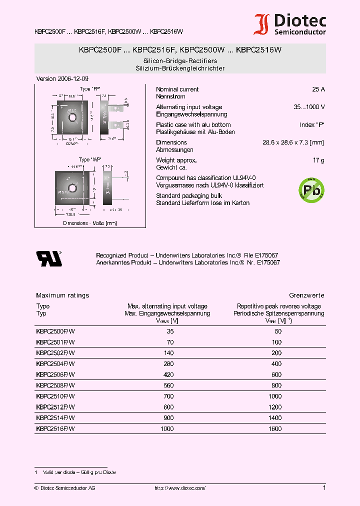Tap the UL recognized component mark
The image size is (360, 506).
(49, 258)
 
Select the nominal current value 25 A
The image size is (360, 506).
(318, 89)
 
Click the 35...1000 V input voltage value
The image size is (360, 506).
(309, 107)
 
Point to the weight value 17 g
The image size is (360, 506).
(318, 160)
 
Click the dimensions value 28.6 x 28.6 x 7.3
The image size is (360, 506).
(293, 142)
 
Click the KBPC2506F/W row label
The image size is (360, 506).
(55, 374)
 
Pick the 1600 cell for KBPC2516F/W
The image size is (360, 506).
(275, 429)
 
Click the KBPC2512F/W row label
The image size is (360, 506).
(55, 407)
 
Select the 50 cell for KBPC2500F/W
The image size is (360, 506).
(278, 331)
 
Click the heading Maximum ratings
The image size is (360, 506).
(62, 295)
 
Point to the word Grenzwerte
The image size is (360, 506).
(306, 295)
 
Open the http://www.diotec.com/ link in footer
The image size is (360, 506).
(179, 488)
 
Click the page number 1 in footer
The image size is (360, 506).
(324, 487)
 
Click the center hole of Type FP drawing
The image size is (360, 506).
(72, 117)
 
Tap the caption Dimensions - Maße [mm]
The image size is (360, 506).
(89, 223)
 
